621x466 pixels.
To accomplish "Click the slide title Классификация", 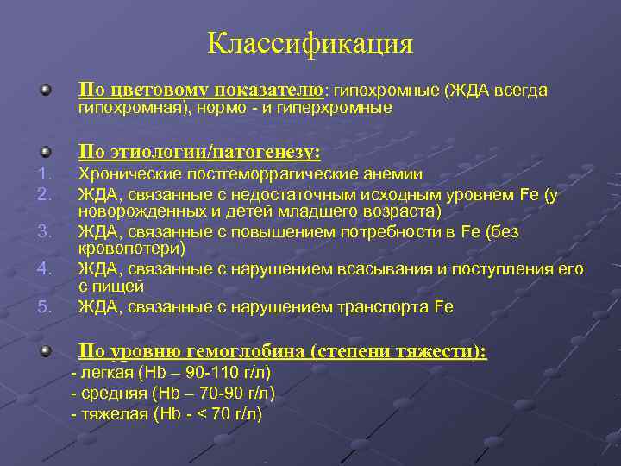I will [x=310, y=43].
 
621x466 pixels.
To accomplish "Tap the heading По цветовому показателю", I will [x=200, y=90].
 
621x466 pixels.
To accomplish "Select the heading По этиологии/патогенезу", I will [x=200, y=153].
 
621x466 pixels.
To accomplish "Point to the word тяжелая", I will [x=113, y=413].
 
